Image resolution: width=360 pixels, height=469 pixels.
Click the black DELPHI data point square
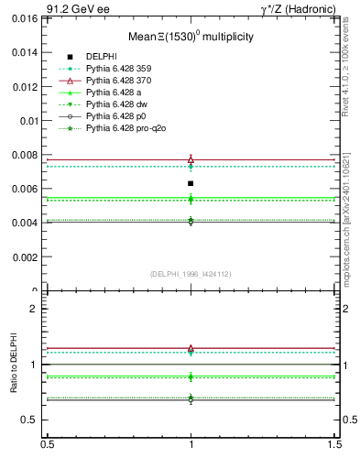[x=191, y=183]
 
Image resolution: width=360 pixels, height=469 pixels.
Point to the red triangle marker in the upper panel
[x=191, y=159]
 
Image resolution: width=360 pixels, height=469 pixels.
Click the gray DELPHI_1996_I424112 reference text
[x=191, y=274]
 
